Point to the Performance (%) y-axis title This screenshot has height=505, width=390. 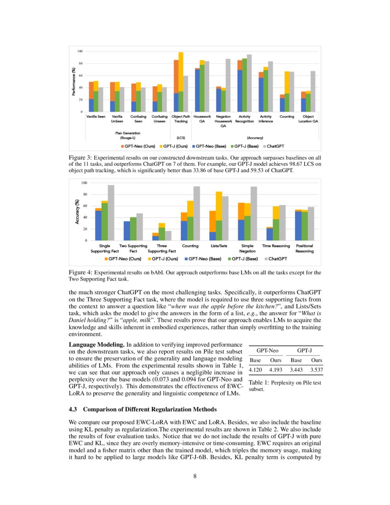pyautogui.click(x=73, y=82)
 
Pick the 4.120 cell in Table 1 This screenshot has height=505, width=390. pyautogui.click(x=256, y=370)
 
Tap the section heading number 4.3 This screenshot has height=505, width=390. pyautogui.click(x=74, y=409)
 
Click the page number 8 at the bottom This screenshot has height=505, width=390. pyautogui.click(x=195, y=476)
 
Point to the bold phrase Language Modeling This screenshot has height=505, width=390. pyautogui.click(x=96, y=344)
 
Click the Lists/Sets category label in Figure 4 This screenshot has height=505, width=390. pyautogui.click(x=219, y=246)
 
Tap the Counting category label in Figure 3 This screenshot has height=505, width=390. pyautogui.click(x=287, y=117)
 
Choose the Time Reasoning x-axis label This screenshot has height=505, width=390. pyautogui.click(x=276, y=246)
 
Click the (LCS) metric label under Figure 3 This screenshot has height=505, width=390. pyautogui.click(x=181, y=137)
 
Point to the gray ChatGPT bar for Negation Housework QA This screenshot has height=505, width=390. pyautogui.click(x=228, y=85)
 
